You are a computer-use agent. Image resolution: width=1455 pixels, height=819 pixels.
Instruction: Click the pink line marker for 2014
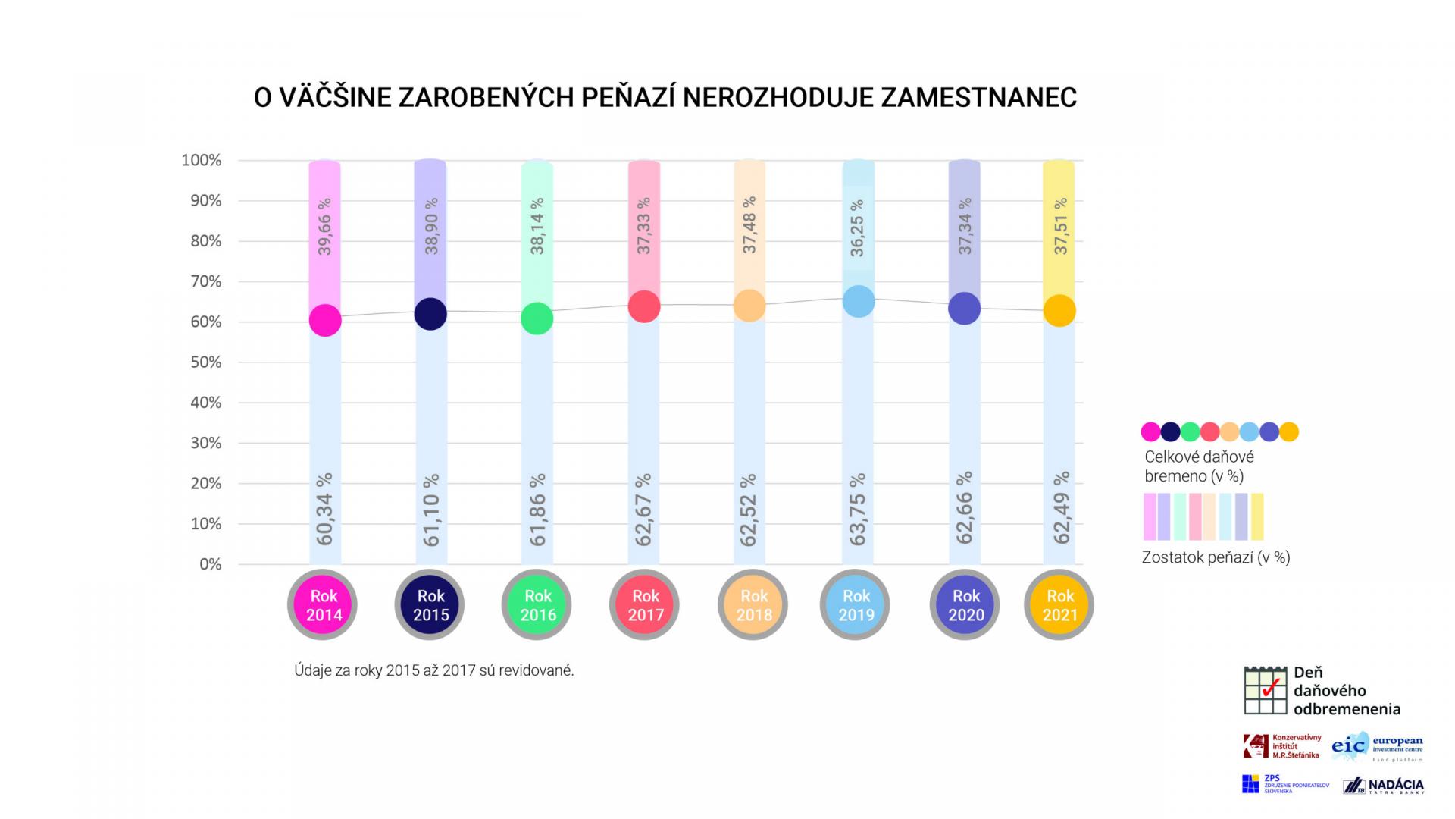click(325, 320)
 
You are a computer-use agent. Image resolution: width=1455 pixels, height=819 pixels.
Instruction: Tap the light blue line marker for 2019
click(859, 301)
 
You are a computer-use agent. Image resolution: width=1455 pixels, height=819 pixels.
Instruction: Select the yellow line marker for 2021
click(1059, 311)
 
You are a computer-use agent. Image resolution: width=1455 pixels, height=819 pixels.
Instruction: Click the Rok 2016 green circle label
click(537, 605)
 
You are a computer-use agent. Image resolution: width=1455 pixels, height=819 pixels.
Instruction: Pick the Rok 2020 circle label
click(965, 605)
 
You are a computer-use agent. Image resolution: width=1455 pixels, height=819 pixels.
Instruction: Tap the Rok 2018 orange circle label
click(753, 605)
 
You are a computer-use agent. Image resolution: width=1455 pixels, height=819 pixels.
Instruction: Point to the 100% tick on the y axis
click(202, 161)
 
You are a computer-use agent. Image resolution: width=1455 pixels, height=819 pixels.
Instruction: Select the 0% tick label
click(210, 564)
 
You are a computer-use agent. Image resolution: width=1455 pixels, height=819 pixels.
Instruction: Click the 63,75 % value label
click(857, 510)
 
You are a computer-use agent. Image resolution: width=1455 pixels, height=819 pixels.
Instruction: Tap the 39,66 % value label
click(324, 226)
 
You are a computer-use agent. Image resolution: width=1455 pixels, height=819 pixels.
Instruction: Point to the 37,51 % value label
click(1060, 226)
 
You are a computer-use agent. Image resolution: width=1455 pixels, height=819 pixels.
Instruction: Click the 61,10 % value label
click(431, 510)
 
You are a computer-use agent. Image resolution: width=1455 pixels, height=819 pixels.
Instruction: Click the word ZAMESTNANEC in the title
click(978, 98)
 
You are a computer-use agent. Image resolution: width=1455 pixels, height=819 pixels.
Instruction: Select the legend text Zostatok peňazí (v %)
click(1216, 557)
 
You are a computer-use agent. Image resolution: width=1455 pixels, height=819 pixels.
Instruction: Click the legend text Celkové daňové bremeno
click(1199, 466)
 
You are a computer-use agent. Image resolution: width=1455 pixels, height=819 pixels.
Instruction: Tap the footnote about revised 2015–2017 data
click(433, 671)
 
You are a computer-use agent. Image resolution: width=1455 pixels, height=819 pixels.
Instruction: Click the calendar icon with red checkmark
click(1265, 691)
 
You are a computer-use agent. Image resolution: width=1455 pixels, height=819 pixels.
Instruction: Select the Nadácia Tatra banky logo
click(1383, 786)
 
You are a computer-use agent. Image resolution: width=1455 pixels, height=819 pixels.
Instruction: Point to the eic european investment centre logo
click(1377, 745)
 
